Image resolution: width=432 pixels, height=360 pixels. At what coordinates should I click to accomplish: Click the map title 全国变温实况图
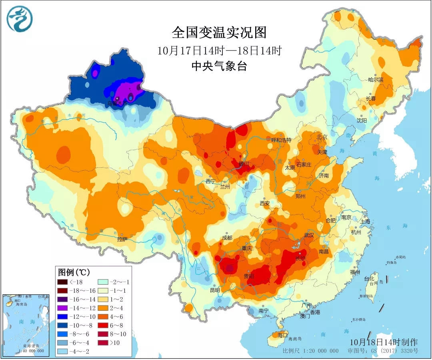tap(219, 32)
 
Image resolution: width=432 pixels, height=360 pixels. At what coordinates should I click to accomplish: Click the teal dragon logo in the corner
tap(20, 19)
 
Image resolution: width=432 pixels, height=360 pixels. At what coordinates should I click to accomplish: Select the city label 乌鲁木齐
tap(117, 103)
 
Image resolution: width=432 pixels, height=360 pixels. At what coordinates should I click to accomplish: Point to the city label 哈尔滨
tap(376, 80)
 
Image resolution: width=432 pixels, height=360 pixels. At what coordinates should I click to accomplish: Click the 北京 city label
tap(322, 137)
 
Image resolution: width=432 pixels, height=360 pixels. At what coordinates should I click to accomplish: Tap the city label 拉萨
tap(122, 240)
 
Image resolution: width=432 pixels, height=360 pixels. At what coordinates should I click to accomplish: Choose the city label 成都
tap(227, 238)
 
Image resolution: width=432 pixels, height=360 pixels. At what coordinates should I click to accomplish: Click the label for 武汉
tap(309, 235)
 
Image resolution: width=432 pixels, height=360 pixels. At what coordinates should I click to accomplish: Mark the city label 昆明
tap(215, 290)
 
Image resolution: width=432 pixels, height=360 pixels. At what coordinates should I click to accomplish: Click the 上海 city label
tap(365, 221)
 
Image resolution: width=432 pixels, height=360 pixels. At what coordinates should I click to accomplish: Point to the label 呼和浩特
tap(281, 140)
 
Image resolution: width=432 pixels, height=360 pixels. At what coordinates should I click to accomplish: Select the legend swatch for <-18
tap(63, 282)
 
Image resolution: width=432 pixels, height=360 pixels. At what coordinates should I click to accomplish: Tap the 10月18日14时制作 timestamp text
tap(383, 342)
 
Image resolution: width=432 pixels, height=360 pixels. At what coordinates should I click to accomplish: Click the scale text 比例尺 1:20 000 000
tap(310, 351)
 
